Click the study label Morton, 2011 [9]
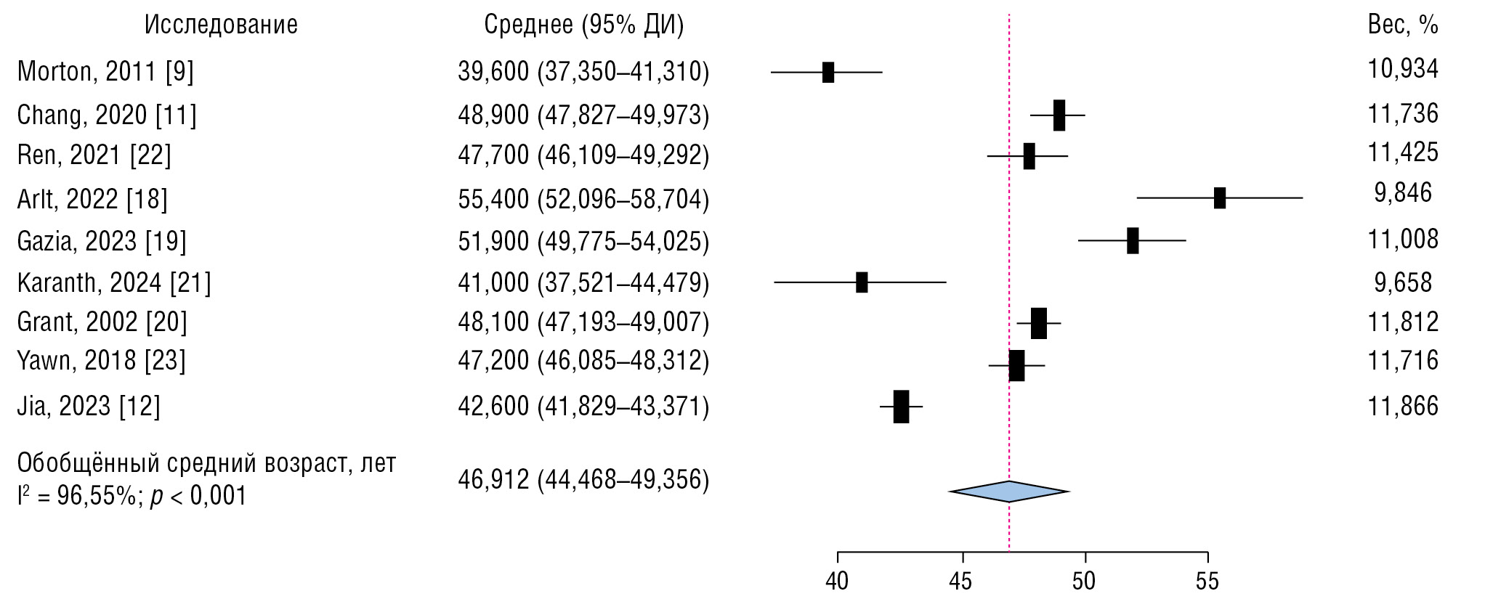click(x=105, y=71)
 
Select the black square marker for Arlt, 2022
click(x=1219, y=197)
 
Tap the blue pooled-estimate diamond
click(x=1009, y=492)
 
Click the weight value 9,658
click(x=1402, y=282)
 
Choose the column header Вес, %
click(x=1402, y=25)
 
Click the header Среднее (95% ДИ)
click(x=583, y=25)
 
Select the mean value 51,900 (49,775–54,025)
click(x=583, y=240)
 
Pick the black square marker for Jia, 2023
click(x=901, y=407)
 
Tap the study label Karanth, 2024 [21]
click(x=114, y=282)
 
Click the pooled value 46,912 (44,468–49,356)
click(x=583, y=480)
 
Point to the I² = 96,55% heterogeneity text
click(x=132, y=496)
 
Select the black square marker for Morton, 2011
click(x=828, y=73)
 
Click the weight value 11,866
click(x=1402, y=405)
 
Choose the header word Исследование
click(x=221, y=25)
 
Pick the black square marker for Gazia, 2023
click(x=1133, y=240)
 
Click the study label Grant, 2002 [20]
click(x=102, y=322)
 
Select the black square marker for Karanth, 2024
click(x=862, y=282)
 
